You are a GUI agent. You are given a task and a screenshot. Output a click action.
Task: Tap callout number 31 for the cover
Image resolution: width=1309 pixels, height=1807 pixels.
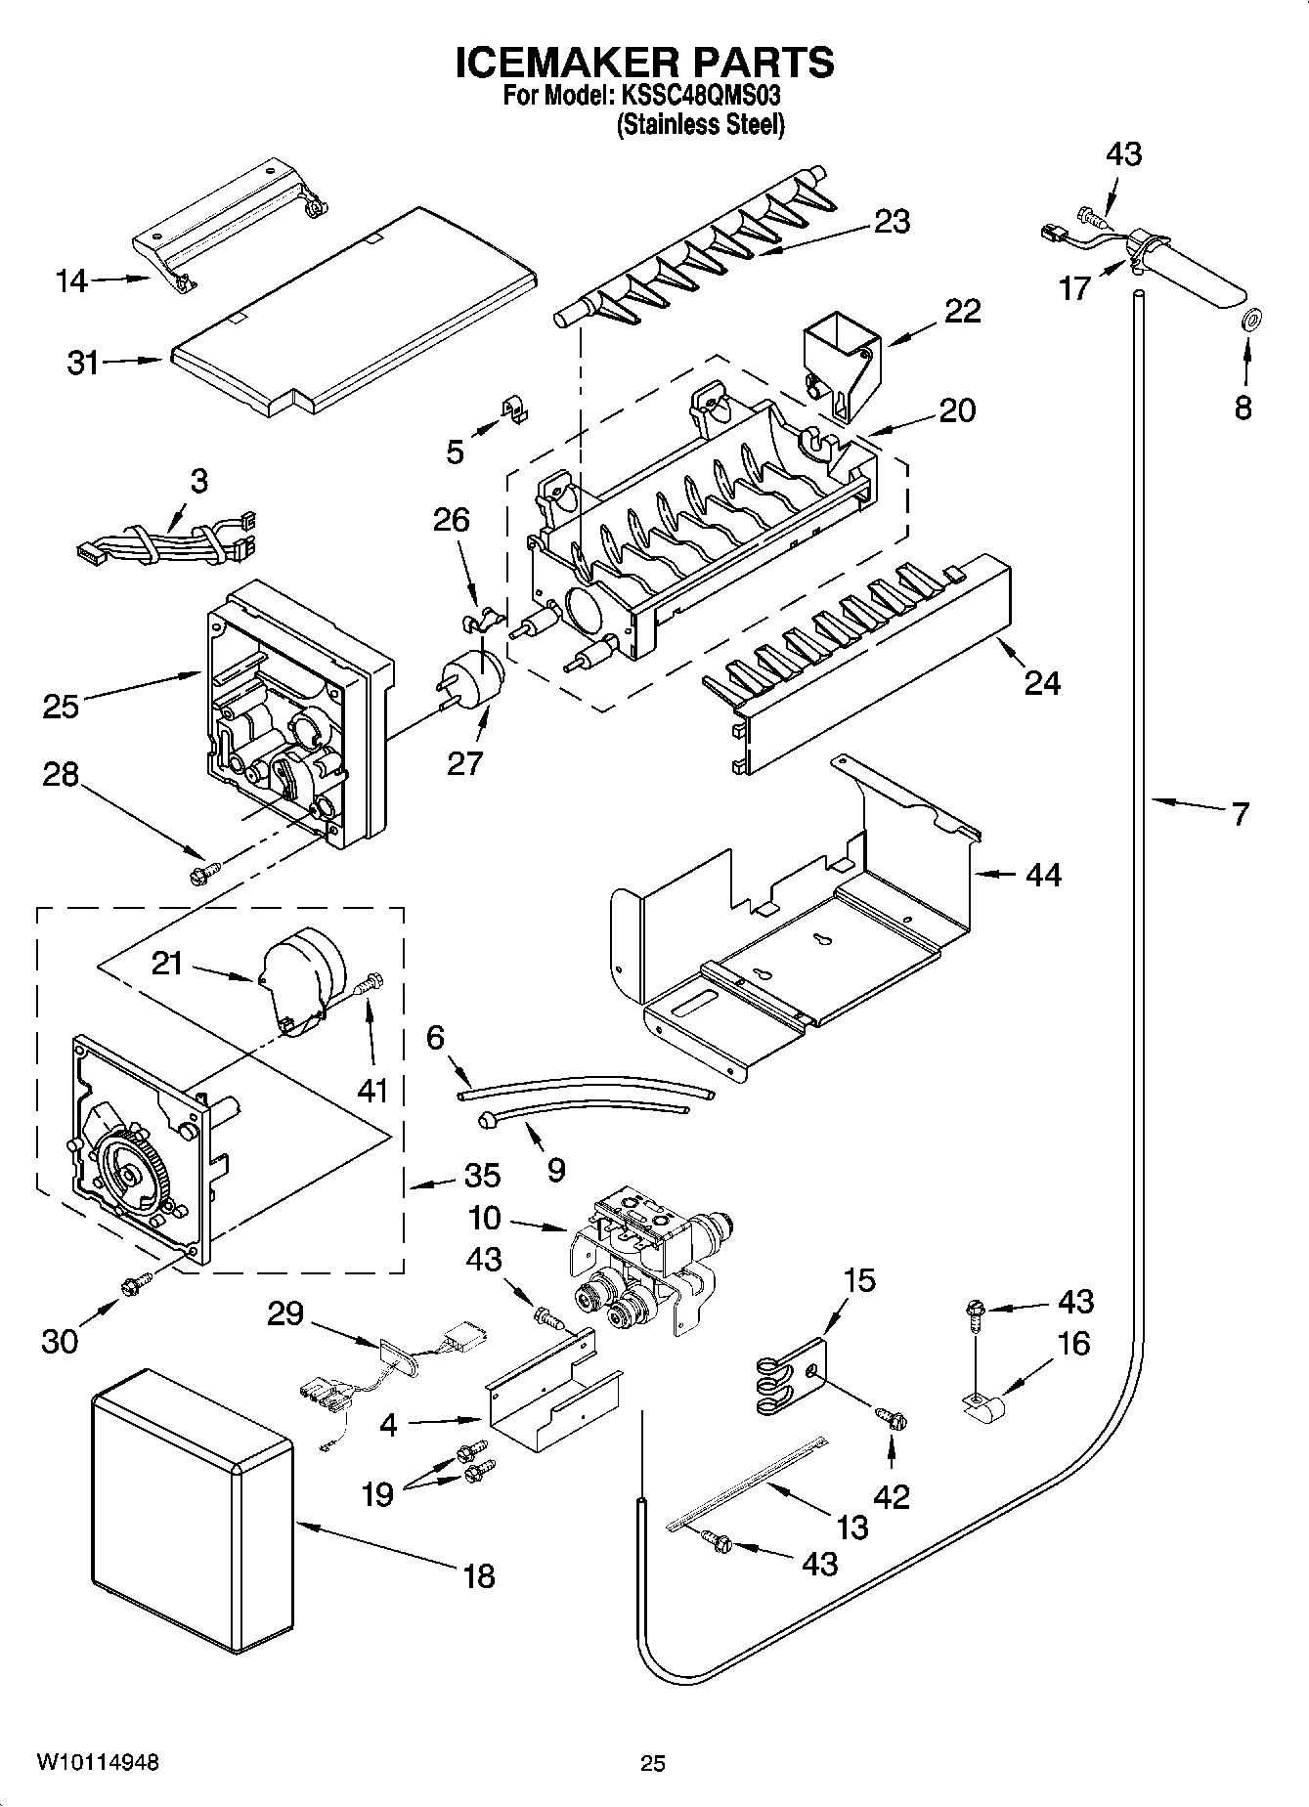tap(82, 363)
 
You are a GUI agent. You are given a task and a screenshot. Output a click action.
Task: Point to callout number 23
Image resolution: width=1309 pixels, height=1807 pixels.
tap(892, 222)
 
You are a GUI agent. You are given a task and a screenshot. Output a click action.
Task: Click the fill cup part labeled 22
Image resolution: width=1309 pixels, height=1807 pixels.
tap(839, 363)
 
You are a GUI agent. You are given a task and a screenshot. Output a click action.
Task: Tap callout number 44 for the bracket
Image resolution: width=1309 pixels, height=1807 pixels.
tap(1043, 874)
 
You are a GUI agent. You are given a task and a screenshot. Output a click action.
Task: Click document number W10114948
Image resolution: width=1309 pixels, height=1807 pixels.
tap(98, 1762)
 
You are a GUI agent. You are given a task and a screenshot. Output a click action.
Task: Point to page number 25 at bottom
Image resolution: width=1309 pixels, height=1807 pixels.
tap(652, 1763)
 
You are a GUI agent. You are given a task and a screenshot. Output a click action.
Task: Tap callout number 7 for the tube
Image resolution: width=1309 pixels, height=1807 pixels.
tap(1240, 813)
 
